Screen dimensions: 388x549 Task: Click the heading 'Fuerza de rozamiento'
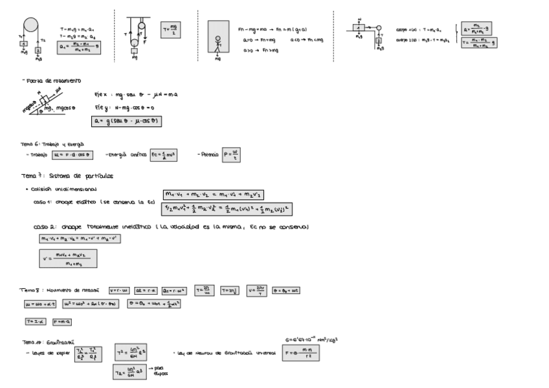point(51,80)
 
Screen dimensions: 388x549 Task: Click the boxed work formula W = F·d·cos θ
point(73,155)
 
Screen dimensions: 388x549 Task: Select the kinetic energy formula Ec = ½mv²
point(164,155)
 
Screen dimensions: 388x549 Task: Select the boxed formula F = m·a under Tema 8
point(62,321)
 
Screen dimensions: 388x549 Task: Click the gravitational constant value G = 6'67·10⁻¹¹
point(312,338)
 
